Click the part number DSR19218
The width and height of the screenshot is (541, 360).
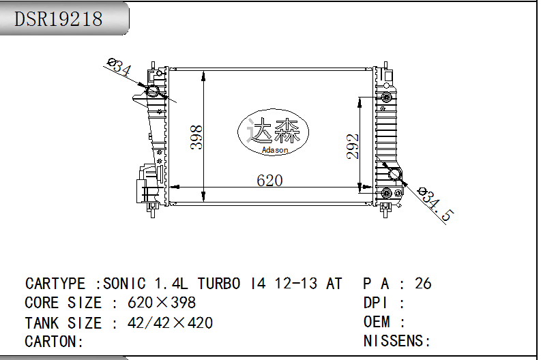58,18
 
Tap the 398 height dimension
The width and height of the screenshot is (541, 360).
196,137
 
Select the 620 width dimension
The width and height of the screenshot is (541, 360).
269,181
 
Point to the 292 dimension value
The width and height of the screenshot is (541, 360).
353,147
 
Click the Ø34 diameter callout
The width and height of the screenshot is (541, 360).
119,67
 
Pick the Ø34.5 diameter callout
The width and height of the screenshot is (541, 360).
435,204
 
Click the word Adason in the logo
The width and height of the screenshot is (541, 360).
275,150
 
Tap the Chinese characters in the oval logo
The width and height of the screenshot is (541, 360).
274,131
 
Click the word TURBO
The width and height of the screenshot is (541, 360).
219,284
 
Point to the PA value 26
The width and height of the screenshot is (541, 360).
423,284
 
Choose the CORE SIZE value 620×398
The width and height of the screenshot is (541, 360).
162,303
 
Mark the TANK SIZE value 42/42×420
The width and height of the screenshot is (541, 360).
170,322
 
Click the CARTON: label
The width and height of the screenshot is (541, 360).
54,342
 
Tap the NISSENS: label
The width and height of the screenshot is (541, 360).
397,341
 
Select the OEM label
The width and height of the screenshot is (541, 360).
377,322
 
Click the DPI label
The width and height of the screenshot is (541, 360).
375,303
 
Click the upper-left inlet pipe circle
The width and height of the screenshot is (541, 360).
152,92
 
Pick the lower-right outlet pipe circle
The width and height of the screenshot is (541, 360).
394,174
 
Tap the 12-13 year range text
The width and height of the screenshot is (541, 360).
295,284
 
